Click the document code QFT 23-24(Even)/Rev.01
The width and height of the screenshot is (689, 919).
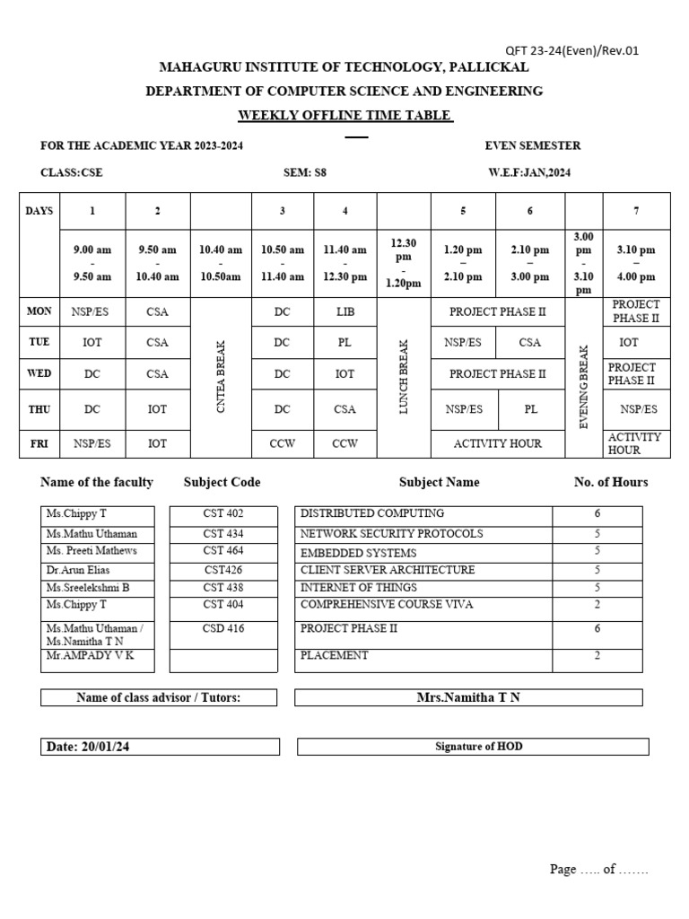pos(571,50)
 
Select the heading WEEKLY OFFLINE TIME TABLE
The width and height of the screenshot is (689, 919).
pos(345,115)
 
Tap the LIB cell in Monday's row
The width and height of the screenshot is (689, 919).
pos(344,312)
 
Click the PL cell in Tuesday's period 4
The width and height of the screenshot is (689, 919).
pos(344,342)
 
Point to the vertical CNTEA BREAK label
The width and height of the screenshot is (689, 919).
pos(221,377)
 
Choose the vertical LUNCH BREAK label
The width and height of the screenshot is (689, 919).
pos(404,377)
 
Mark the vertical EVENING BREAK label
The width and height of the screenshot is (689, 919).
pos(583,386)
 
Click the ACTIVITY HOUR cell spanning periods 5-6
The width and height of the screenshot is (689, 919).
pos(498,443)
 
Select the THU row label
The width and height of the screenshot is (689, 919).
pos(39,409)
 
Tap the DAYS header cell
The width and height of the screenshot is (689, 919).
pos(39,211)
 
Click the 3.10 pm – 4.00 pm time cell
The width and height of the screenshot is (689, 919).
pos(636,264)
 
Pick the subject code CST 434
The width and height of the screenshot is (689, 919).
pos(223,533)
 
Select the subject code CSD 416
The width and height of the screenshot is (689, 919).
pos(223,628)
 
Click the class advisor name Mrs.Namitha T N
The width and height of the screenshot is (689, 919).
pos(468,697)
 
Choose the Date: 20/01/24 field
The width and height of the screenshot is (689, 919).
pos(89,747)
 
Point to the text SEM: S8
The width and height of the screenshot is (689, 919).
pos(305,172)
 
